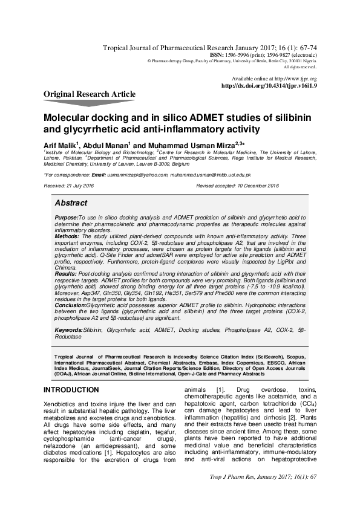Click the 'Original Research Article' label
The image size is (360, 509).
coord(90,94)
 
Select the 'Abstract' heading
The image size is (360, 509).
coord(71,203)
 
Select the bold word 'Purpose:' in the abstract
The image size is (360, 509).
coord(65,216)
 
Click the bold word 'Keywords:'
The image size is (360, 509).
coord(68,330)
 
